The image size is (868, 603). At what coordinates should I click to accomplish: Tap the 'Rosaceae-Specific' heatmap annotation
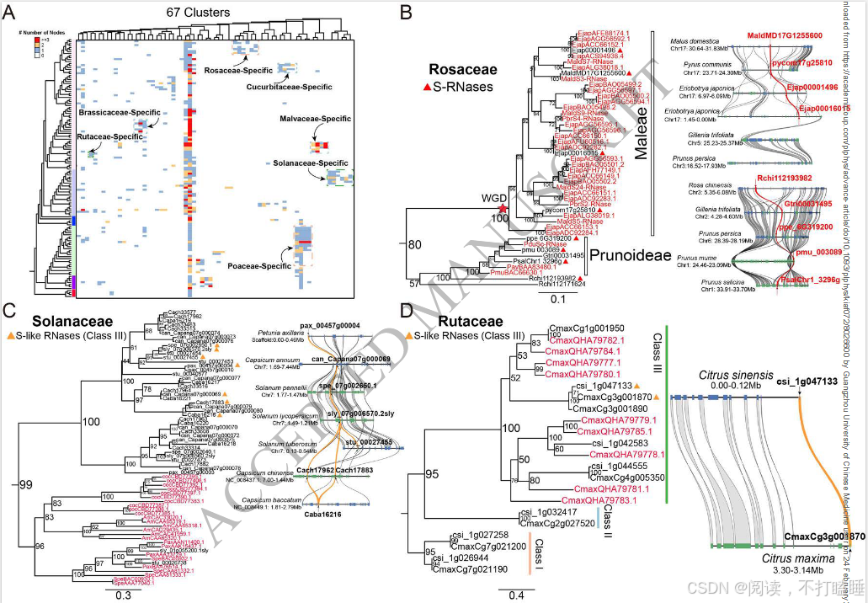(240, 71)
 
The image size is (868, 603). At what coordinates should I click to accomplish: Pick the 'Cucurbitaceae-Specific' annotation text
(288, 87)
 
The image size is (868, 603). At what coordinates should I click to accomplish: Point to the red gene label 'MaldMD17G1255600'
(783, 35)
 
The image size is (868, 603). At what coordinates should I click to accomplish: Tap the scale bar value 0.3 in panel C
(122, 594)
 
